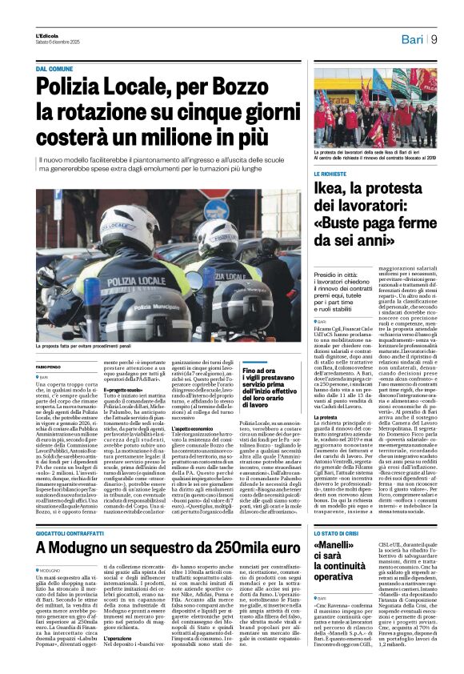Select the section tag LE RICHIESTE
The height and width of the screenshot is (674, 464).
(331, 174)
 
